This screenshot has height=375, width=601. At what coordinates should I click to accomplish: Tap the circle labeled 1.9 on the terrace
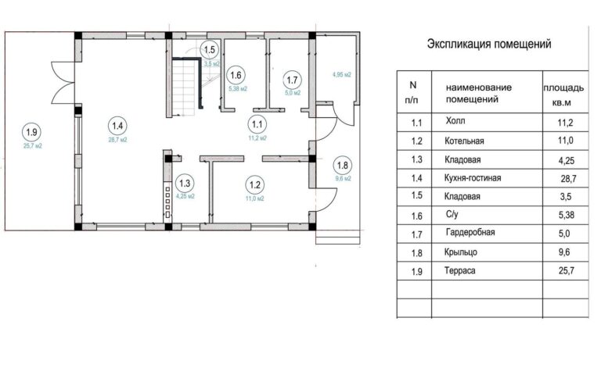coord(31,132)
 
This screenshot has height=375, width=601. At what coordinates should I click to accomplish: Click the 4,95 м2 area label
coord(341,75)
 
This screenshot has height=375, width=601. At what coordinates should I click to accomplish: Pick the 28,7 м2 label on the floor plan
coord(117,140)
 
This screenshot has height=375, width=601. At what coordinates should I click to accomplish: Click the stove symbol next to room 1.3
coord(167,202)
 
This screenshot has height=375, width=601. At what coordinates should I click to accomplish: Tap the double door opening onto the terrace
coord(63,82)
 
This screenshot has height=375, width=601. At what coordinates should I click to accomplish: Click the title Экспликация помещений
coord(489,44)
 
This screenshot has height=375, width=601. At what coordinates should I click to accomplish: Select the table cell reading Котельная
coord(464,141)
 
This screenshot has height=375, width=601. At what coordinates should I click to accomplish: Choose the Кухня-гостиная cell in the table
coord(473,178)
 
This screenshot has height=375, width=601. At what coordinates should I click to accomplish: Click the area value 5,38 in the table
coord(566,215)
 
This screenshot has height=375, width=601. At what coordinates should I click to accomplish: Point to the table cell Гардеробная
coord(470,232)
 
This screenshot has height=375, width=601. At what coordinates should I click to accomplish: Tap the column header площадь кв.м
coord(563,95)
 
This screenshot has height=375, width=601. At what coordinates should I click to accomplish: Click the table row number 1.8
coord(416,253)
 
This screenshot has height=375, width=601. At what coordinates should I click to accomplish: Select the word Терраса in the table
coord(460,271)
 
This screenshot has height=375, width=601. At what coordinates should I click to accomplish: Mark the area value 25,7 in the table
coord(566,271)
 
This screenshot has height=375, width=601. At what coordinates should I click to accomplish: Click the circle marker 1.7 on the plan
coord(292,80)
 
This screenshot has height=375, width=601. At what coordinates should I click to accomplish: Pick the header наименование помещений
coord(479,94)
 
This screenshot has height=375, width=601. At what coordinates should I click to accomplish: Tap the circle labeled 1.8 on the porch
coord(342,166)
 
